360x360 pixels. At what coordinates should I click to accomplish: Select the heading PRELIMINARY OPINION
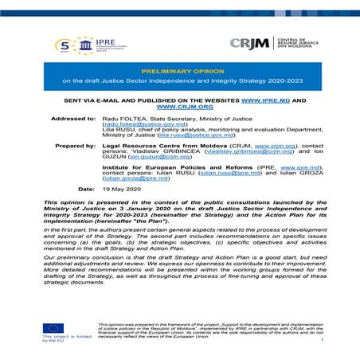coord(179,71)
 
